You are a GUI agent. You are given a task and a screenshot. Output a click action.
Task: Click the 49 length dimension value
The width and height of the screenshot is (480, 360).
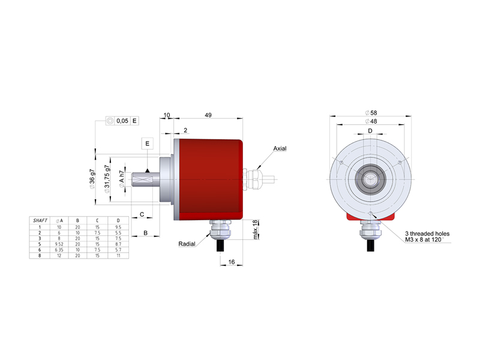tap(208, 115)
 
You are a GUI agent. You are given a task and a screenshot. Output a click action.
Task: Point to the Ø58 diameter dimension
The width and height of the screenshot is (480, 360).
tap(371, 113)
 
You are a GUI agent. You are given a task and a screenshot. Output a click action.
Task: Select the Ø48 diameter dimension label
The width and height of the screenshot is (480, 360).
tap(371, 121)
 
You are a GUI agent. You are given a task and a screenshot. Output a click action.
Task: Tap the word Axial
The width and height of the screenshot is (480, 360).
tap(280, 148)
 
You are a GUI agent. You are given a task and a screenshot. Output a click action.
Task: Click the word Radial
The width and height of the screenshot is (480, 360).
tap(187, 244)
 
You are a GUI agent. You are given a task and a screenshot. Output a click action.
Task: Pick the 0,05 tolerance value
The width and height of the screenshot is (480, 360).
tap(122, 121)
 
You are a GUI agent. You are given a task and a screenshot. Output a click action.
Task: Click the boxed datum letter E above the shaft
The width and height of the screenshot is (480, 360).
tap(147, 143)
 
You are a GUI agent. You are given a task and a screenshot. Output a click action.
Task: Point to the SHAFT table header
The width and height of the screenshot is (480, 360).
tap(40, 220)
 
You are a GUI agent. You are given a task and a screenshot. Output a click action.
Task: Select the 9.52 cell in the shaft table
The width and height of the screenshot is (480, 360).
tap(59, 244)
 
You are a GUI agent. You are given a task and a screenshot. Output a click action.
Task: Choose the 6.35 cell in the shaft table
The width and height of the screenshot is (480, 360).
tap(59, 250)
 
